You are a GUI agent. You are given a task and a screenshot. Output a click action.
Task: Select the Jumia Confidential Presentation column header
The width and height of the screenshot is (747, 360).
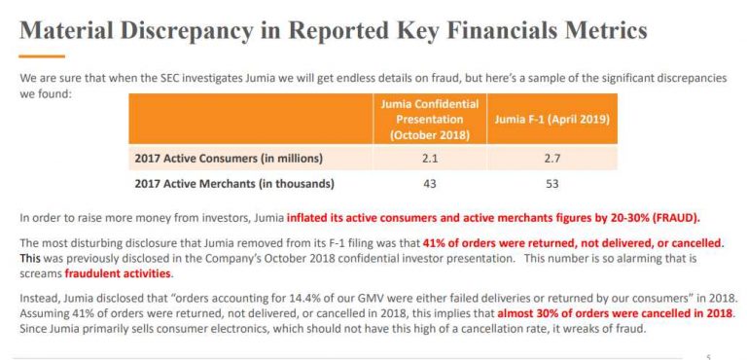(x=430, y=119)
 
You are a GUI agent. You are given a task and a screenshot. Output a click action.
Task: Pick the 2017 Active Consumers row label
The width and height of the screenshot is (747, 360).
(x=227, y=158)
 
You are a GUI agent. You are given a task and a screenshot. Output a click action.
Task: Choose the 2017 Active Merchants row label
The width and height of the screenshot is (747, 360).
(x=232, y=183)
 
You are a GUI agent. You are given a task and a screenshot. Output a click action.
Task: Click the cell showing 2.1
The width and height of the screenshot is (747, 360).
(x=430, y=158)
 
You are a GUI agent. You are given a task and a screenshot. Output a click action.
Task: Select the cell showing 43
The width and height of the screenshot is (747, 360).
(x=430, y=183)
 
